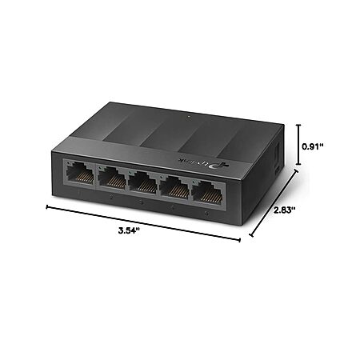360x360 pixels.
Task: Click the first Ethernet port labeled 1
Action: (x=80, y=174)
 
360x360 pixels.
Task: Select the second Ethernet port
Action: (x=112, y=178)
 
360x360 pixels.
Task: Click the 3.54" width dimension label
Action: (x=129, y=230)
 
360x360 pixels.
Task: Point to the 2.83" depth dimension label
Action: (x=285, y=210)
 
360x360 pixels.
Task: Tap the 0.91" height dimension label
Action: (x=313, y=146)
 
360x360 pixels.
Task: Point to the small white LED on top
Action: (x=188, y=116)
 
